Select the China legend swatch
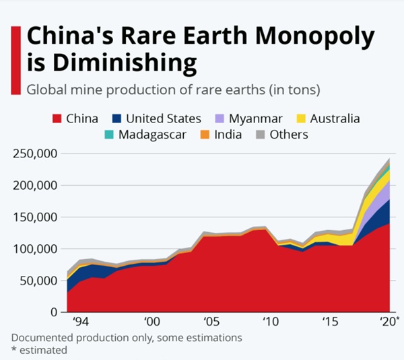pos(58,118)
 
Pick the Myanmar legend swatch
pos(219,118)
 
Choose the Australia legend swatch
pos(300,118)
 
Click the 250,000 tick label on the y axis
pos(34,153)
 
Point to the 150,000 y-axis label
pos(34,217)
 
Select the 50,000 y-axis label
pos(36,281)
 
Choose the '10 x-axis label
pos(270,322)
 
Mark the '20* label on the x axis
pos(388,322)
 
